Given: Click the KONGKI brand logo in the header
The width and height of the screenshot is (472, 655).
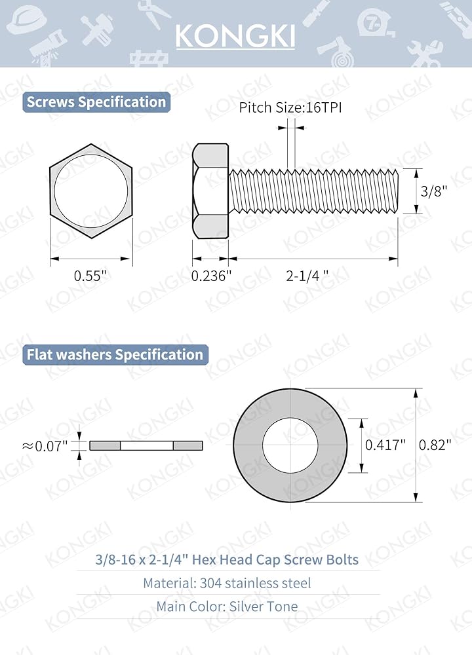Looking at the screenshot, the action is point(235,36).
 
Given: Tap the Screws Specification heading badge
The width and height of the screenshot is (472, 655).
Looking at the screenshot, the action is point(96,102).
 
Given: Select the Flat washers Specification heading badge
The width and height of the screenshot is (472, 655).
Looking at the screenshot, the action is point(115,354).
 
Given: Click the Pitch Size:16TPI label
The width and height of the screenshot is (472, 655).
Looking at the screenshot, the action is point(290,108).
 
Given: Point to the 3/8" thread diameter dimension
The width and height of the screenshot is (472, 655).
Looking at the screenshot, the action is point(433,191).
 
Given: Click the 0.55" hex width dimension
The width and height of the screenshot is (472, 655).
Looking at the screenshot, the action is point(90,276).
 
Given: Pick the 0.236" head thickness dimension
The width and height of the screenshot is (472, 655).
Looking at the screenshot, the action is point(211,276).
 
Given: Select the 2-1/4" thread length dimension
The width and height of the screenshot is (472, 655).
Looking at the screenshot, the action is point(307,276).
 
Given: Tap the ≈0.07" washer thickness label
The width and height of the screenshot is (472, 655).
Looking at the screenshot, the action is point(45,446).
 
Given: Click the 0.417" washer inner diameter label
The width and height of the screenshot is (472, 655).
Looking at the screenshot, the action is point(385,445).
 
